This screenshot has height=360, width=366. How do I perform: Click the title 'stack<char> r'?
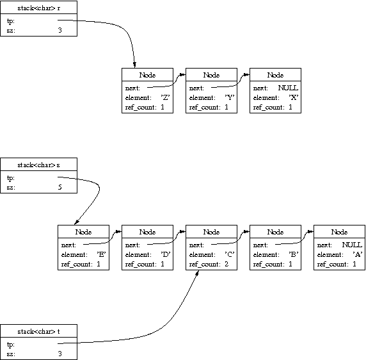pos(39,8)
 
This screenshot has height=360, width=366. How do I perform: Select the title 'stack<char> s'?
pos(39,165)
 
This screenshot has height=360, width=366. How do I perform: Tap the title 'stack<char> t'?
pos(39,332)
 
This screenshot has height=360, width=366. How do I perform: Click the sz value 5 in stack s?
pos(60,187)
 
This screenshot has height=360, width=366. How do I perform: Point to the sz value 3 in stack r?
pos(60,30)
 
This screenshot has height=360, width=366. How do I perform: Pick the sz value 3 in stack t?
pos(60,354)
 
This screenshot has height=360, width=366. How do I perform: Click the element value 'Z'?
pos(165,97)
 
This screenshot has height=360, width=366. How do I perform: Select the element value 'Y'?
pos(230,97)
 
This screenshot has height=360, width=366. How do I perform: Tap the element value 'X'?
pos(294,97)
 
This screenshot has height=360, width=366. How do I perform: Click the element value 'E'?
pos(102,254)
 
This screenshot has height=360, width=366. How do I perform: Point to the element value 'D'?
pos(166,254)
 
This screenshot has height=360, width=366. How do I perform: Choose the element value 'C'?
pos(230,254)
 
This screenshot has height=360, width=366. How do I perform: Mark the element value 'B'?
pos(294,254)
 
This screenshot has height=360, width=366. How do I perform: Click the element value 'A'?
pos(358,254)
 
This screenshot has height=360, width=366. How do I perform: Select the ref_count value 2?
pos(227,264)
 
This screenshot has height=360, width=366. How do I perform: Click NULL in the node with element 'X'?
pos(288,88)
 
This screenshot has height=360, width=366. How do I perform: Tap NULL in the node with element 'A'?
pos(352,245)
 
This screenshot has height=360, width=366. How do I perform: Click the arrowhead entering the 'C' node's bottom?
pos(197,272)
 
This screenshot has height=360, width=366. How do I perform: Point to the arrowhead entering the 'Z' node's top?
pos(134,65)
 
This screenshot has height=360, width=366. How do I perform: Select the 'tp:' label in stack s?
pos(11,178)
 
